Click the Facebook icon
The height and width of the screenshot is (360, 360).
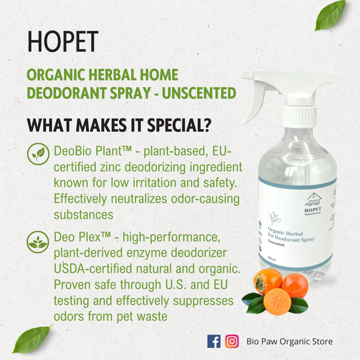214,341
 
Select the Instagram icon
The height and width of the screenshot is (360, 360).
232,341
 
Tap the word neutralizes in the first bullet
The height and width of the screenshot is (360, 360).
138,199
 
